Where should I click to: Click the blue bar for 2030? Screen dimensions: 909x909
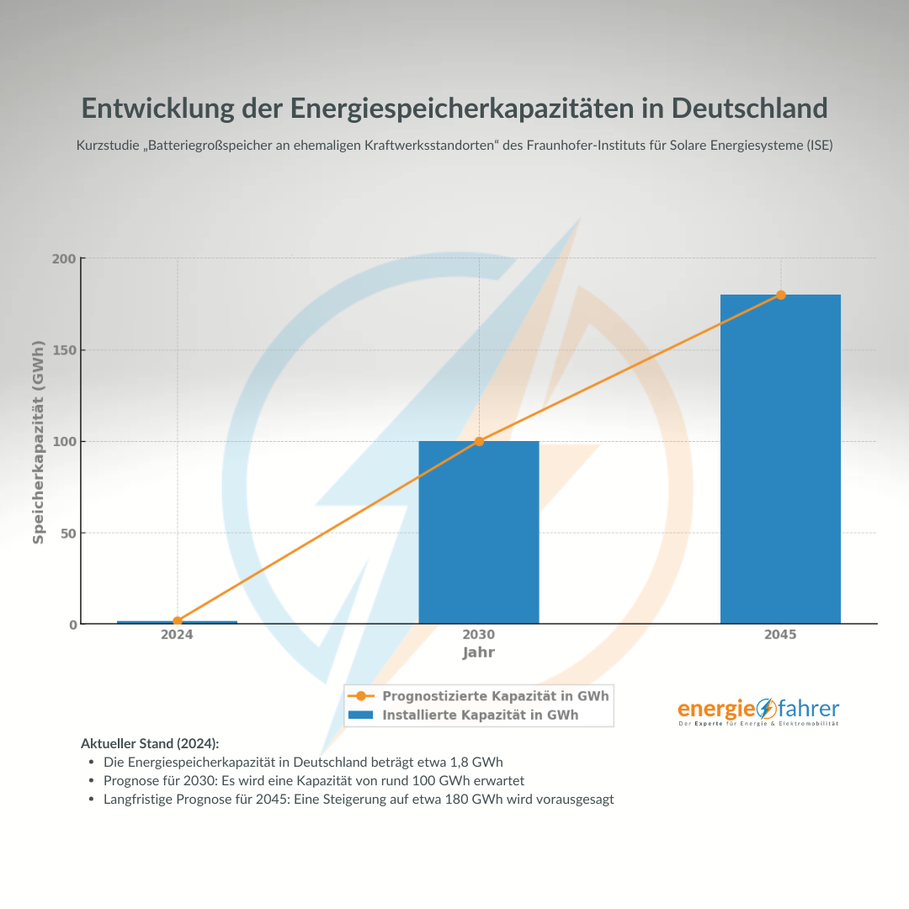coord(479,532)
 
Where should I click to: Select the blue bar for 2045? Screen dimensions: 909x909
coord(780,459)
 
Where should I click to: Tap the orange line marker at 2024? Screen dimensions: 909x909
coord(178,621)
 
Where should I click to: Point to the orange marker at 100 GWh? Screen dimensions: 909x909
coord(479,441)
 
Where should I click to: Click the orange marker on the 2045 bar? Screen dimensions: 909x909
coord(781,295)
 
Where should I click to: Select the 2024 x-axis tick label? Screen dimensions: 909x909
coord(177,635)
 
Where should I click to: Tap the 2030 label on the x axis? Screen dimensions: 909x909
coord(479,635)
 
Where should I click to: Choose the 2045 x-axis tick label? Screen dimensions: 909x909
coord(780,635)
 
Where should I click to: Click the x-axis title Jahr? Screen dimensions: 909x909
coord(479,652)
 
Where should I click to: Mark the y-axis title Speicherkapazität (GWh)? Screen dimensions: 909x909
coord(38,441)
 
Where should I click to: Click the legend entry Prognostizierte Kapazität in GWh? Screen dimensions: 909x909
coord(495,696)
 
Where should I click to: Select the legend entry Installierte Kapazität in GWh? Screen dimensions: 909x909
coord(480,715)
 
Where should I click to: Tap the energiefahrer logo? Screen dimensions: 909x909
coord(758,711)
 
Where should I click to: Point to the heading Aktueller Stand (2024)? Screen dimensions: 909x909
coord(149,743)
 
